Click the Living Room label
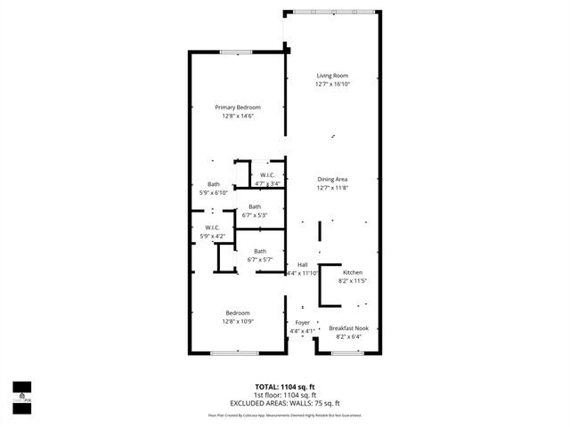point(332,75)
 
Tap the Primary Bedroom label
point(237,107)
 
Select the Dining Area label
point(332,180)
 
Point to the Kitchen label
point(353,272)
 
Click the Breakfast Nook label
point(348,328)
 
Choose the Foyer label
point(302,322)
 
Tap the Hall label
point(302,265)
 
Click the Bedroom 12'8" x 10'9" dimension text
point(237,321)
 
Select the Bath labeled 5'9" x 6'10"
point(214,184)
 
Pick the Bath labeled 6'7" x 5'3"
point(255,206)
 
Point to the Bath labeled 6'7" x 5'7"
point(260,251)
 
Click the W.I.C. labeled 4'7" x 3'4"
point(267,175)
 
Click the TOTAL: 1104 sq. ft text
point(285,388)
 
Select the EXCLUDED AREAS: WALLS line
point(285,402)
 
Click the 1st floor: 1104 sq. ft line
point(285,395)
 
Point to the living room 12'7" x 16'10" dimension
point(332,84)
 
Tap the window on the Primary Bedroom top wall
point(235,52)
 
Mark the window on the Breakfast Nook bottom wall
point(346,353)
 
